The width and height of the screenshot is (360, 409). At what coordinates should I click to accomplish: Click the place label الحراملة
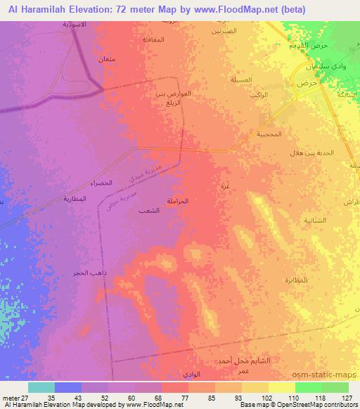point(177,202)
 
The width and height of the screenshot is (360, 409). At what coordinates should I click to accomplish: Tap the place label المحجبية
point(270,134)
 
